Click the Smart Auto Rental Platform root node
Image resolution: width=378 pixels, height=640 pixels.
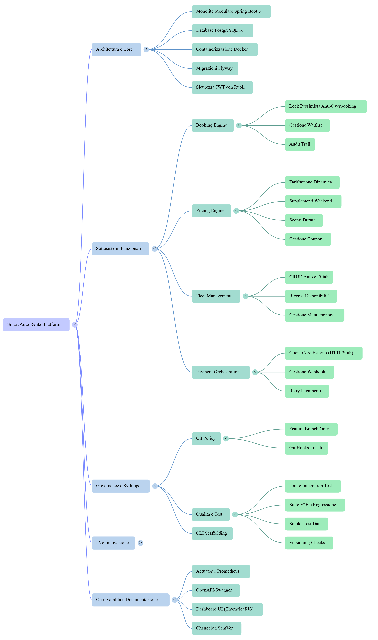tap(36, 325)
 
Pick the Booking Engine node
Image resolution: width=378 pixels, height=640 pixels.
tap(212, 125)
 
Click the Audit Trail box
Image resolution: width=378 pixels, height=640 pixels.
tap(300, 144)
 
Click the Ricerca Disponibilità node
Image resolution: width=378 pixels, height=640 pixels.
tap(311, 296)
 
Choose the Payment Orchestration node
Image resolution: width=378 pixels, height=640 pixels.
tap(221, 372)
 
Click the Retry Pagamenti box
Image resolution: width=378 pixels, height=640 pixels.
tap(307, 391)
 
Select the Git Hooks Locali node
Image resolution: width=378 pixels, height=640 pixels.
tap(306, 448)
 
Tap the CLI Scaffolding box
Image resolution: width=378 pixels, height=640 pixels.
tap(212, 533)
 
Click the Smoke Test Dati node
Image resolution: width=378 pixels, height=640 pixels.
tap(306, 524)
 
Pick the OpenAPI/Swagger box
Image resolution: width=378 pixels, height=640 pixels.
tap(215, 591)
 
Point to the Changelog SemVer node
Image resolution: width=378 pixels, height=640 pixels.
tap(216, 628)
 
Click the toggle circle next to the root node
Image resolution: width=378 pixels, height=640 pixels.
tap(75, 325)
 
